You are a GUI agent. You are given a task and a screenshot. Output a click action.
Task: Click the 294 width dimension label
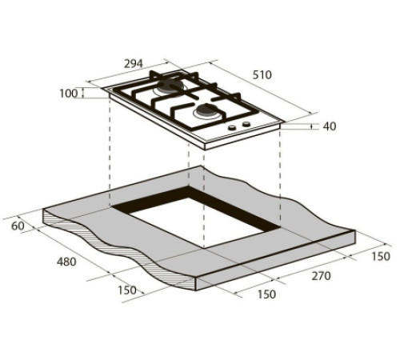point(134,64)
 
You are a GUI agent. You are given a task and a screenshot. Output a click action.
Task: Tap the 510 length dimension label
point(262,75)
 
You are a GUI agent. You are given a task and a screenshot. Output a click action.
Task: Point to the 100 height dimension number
point(69,94)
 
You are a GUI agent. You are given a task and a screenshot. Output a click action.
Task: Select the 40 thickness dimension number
point(330,126)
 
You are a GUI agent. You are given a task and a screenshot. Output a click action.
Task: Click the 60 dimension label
point(18,226)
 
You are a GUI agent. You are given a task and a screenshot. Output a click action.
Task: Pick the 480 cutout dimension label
point(66,262)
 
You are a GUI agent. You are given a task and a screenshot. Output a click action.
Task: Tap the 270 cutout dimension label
point(322,276)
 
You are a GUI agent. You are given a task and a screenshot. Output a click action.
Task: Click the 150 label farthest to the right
point(381,256)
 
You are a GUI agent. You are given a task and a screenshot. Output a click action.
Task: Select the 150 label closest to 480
point(127,290)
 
